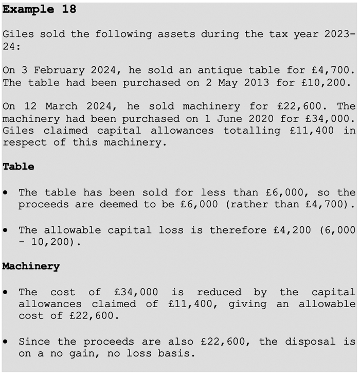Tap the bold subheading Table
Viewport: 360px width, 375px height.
(19, 167)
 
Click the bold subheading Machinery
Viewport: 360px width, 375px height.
(31, 266)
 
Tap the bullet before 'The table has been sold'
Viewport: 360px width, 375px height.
(5, 192)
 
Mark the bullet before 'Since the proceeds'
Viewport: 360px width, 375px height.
(5, 342)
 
